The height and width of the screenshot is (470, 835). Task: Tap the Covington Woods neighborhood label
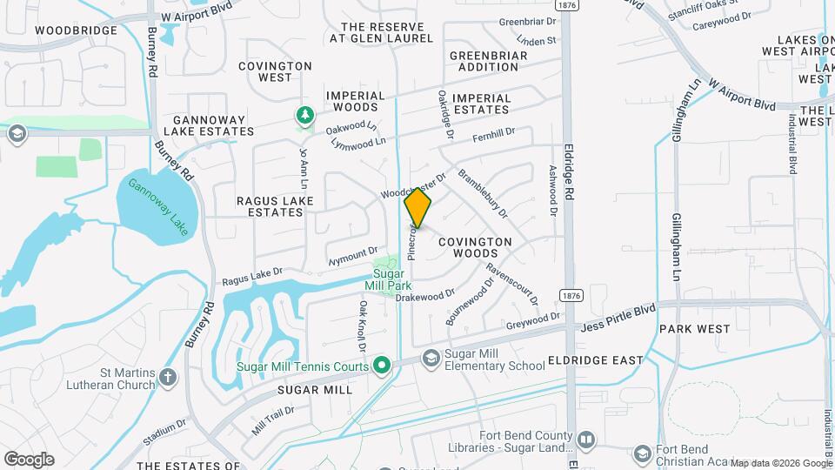[475, 247]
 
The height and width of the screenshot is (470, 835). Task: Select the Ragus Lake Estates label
[275, 205]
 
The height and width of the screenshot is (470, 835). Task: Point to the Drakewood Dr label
[425, 296]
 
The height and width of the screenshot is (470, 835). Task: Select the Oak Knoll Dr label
[362, 327]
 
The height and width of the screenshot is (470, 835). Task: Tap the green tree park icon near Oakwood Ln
[304, 115]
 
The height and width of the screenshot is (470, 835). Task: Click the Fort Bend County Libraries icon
[586, 441]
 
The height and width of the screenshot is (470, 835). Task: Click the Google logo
[29, 459]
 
